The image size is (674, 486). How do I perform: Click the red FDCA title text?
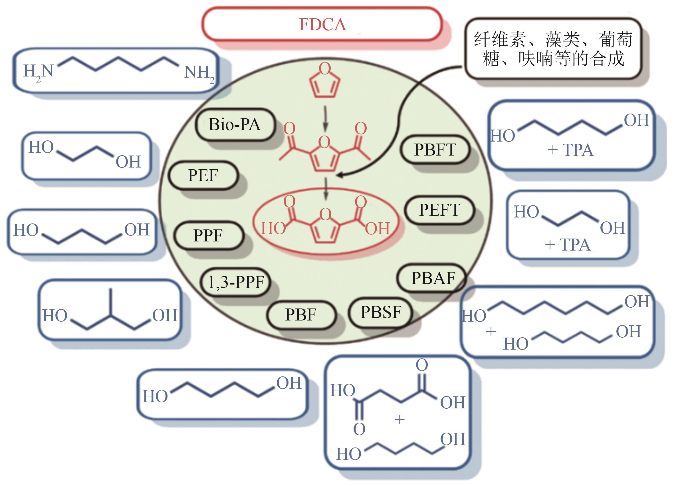[322, 24]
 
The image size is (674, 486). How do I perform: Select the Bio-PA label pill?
[235, 124]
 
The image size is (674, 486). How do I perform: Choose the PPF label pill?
[208, 235]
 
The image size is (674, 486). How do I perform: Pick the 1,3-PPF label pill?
[236, 282]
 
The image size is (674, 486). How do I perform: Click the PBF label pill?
[300, 314]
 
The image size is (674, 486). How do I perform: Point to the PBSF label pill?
[381, 312]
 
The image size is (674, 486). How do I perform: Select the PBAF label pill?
[433, 278]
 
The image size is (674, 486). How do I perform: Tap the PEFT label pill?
[439, 209]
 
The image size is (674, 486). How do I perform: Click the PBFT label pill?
[435, 149]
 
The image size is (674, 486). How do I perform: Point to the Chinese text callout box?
[553, 49]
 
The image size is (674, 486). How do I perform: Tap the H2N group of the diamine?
[38, 72]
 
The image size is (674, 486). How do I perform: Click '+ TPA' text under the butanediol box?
[570, 150]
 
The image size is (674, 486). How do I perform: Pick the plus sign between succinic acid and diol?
[399, 420]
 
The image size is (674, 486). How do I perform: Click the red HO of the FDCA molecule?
[273, 228]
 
